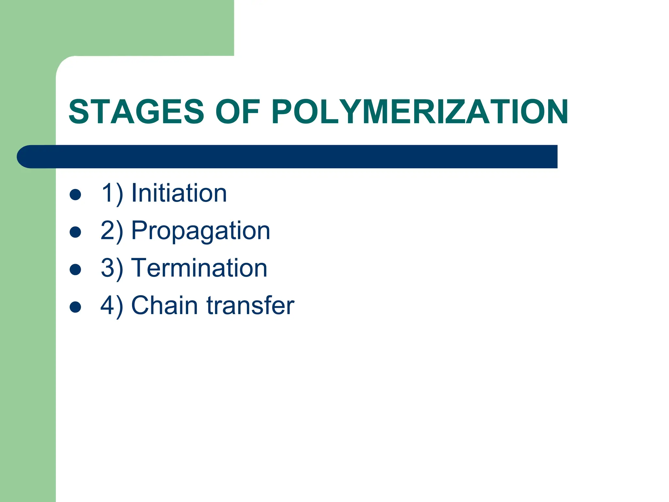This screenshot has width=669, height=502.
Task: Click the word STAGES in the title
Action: tap(137, 112)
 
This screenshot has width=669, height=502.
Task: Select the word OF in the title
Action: tap(237, 112)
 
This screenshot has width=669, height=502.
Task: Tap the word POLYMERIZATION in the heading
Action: tap(420, 112)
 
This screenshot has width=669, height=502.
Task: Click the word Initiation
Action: tap(179, 193)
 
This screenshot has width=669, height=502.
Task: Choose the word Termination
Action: tap(199, 268)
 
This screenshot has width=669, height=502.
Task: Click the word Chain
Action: tap(165, 305)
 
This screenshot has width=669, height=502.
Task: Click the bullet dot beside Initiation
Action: tap(75, 195)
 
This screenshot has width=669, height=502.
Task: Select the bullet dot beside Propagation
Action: tap(75, 232)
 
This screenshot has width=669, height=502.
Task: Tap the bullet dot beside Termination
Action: tap(75, 270)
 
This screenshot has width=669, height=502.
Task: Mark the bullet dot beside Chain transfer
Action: tap(75, 307)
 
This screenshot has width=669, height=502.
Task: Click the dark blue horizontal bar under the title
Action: tap(294, 157)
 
